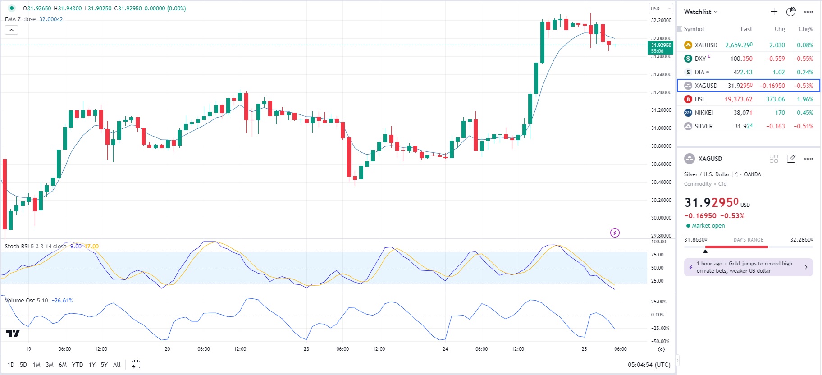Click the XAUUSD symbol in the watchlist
(705, 45)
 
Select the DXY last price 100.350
(741, 59)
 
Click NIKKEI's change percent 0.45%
(804, 113)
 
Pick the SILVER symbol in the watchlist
(703, 126)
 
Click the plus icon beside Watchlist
(774, 12)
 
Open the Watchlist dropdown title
(700, 12)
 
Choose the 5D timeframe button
(23, 365)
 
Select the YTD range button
(78, 365)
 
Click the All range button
(117, 365)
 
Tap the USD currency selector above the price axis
(661, 9)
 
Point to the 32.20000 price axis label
(661, 20)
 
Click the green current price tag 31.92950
(661, 47)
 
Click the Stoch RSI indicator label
(35, 247)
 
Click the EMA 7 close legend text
(20, 19)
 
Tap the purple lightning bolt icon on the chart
(615, 233)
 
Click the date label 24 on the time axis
(445, 349)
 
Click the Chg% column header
(805, 29)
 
